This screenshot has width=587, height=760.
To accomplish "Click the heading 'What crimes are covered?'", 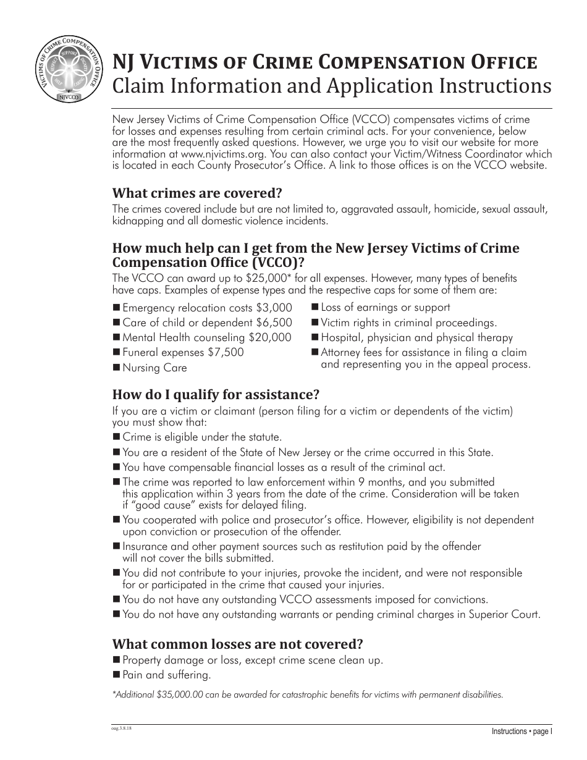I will pos(192,193).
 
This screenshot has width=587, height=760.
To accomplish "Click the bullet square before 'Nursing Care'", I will pos(116,368).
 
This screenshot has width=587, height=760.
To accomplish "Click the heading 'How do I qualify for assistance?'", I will pos(216,395).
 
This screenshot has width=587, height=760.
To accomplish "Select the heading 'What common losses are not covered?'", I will pos(237,644).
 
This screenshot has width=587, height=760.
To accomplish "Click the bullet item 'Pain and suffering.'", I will pos(166,675).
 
